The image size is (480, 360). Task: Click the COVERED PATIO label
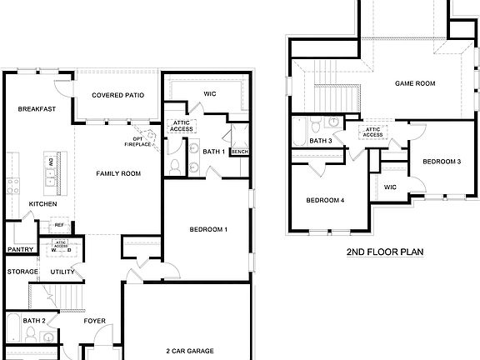117,95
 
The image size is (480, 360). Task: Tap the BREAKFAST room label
36,109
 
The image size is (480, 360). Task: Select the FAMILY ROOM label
118,173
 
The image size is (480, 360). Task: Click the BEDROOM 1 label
207,229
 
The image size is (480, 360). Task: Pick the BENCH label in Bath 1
239,152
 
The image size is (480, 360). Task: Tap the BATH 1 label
213,152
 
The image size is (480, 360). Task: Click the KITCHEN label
42,204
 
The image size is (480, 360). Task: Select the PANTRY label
19,249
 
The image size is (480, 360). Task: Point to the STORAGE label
22,272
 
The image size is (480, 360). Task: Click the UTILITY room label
62,272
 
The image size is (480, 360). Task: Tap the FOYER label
94,320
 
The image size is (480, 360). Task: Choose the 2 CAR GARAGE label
189,351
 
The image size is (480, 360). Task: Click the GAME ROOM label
415,83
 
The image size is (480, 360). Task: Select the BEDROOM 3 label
441,161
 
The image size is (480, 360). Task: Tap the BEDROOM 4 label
324,200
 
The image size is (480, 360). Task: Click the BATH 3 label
321,141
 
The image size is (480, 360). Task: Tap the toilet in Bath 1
175,165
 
